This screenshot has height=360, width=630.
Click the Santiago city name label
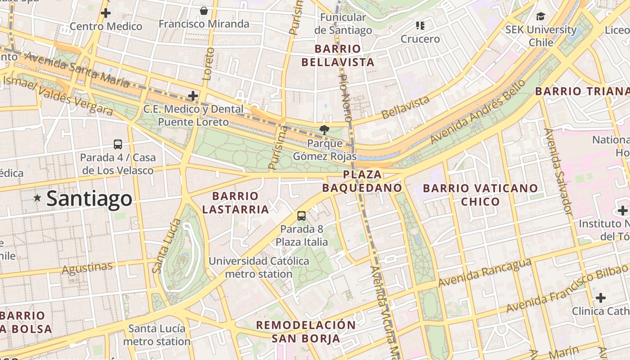point(89,198)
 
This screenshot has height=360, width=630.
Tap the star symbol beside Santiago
point(37,198)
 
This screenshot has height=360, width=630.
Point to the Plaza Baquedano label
point(362,181)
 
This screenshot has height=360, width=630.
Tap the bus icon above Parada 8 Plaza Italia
point(301,216)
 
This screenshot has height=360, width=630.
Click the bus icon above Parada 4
point(118,144)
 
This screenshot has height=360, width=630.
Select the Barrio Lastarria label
point(235,202)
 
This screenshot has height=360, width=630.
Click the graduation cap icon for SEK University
point(540,17)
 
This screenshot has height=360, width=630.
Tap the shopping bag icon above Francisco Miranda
point(204,11)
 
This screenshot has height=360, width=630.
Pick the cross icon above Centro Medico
point(106,13)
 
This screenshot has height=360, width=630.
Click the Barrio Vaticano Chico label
point(480,194)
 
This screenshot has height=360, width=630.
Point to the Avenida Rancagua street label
point(484,272)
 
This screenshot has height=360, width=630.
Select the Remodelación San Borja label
point(306,332)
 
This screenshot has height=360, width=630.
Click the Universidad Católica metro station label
point(259,267)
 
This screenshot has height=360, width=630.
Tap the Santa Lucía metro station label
point(157,335)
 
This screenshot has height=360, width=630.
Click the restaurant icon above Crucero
point(420,26)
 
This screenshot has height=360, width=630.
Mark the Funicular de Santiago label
point(343,24)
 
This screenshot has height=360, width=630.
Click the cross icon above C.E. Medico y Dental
point(193,96)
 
